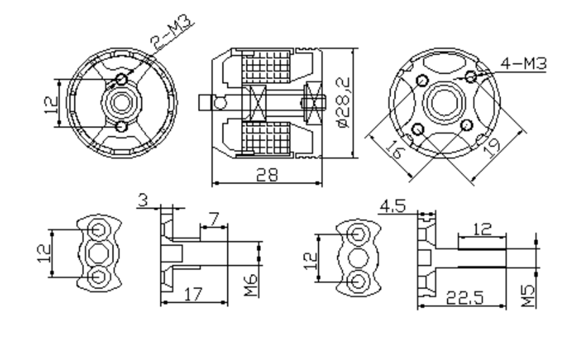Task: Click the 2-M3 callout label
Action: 171,33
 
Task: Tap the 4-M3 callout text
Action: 524,63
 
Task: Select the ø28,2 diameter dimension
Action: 344,102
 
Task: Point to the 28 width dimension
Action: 267,175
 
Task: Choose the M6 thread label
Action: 251,285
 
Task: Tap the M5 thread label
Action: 528,296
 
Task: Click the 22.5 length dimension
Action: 465,298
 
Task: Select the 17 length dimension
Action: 193,294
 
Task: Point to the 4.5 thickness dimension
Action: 393,206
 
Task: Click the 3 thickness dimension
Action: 143,201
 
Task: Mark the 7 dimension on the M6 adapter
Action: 214,219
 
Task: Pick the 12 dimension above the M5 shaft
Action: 482,229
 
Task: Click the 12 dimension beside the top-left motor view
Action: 51,104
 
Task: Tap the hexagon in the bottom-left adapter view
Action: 98,254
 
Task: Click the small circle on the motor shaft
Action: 220,103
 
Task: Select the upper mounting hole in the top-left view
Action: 122,79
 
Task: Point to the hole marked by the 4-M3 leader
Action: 471,77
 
